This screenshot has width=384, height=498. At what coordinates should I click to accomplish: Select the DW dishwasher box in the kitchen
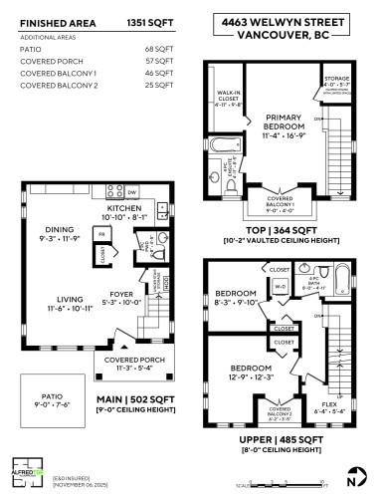click(x=132, y=191)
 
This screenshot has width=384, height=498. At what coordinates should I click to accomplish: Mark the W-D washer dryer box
click(x=280, y=290)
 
